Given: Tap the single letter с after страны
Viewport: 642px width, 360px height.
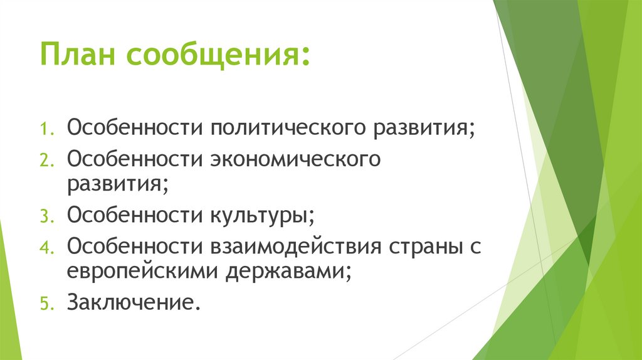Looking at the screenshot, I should tap(475, 246).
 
